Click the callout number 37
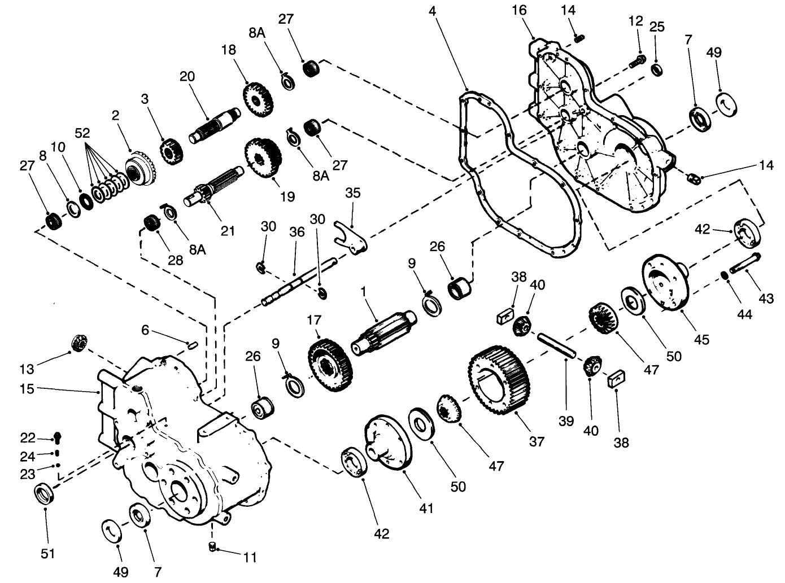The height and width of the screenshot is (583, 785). [x=537, y=441]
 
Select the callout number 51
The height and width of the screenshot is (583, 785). [x=48, y=553]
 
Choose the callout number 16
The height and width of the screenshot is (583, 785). [x=520, y=10]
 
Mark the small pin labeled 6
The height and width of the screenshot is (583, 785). [x=191, y=344]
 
